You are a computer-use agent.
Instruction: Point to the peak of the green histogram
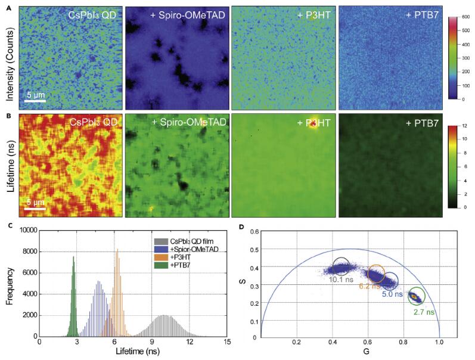[x=73, y=257]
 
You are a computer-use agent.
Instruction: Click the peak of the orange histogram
[x=117, y=250]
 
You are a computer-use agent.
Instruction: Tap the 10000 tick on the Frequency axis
[x=25, y=230]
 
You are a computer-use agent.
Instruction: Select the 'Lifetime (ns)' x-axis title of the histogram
[x=133, y=353]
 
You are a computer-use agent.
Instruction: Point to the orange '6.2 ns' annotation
[x=370, y=286]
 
